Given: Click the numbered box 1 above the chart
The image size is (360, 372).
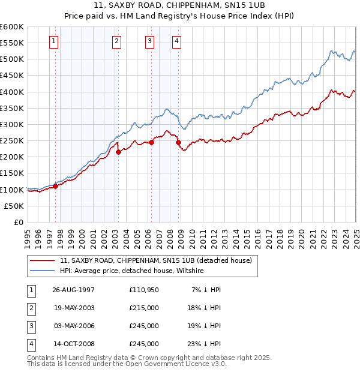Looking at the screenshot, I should point(54,41).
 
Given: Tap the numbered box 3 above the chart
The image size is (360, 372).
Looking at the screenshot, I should point(149,41).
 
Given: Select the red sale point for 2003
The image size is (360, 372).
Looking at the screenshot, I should point(118,152).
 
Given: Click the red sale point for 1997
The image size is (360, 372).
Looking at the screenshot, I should point(56,186).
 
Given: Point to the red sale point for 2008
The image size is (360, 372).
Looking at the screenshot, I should point(178,142).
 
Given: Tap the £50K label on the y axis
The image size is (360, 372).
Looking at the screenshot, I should point(14,206).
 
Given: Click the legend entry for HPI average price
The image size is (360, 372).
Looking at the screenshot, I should point(132,271).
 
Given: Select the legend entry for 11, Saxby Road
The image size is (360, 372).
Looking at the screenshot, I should point(159,260).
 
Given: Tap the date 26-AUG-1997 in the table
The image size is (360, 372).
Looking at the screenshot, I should point(73,290).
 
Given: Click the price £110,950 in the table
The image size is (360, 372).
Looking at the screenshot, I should point(143,290).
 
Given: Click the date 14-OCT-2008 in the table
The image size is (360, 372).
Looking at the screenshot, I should point(73,344).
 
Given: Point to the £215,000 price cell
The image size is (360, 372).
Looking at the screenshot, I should point(143,308).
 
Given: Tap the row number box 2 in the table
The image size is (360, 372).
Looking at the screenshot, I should point(30,308).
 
